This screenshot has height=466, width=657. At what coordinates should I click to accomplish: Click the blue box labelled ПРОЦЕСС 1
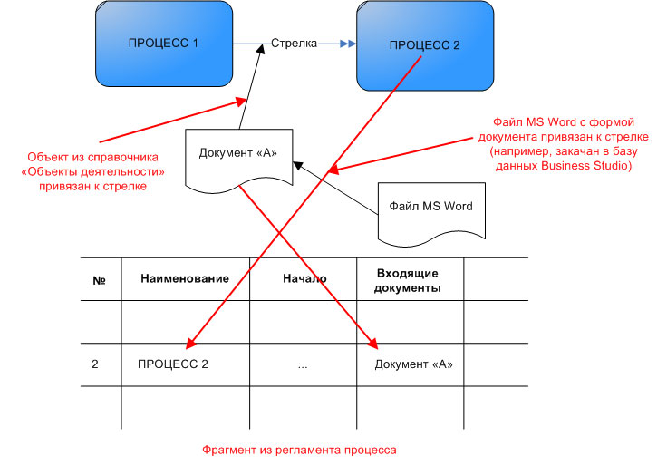click(x=164, y=44)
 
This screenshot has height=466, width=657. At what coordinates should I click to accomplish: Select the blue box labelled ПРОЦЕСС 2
click(x=424, y=45)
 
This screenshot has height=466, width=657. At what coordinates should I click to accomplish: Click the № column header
click(x=100, y=279)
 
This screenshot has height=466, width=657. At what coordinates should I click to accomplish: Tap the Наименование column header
click(x=185, y=279)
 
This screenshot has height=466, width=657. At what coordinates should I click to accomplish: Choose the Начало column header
click(x=304, y=279)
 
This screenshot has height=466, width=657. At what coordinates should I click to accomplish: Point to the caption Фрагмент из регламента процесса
click(x=299, y=449)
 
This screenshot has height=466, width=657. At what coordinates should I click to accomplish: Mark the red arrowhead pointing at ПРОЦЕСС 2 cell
click(x=190, y=343)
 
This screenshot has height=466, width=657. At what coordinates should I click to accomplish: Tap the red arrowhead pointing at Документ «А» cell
click(x=372, y=343)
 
